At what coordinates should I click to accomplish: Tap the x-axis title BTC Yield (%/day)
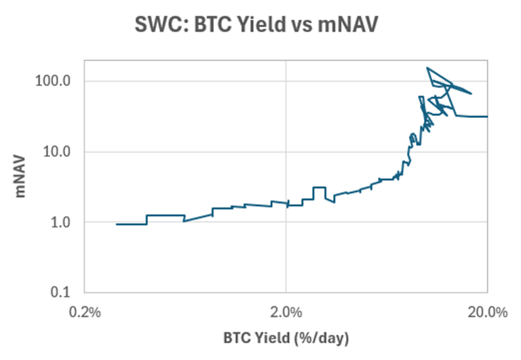286,337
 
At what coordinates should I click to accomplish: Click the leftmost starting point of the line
117,224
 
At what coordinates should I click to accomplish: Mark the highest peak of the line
427,68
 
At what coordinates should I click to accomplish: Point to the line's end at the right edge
486,117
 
